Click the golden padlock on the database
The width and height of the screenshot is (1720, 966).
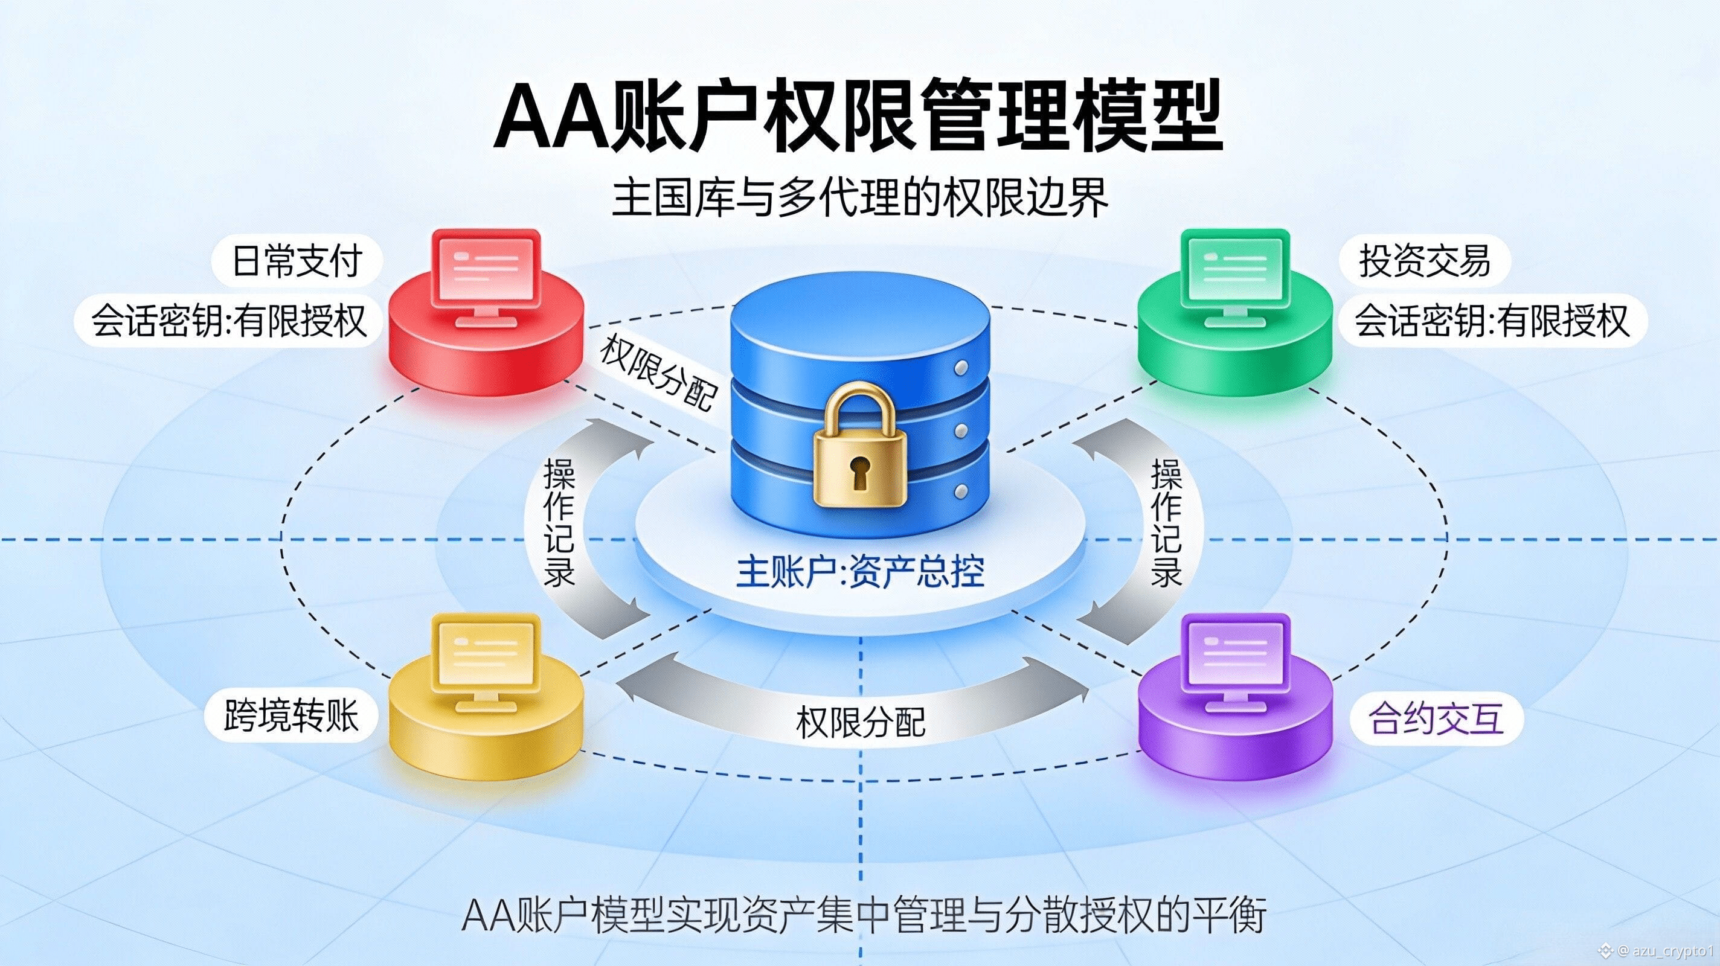click(859, 454)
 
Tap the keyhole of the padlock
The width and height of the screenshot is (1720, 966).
click(859, 471)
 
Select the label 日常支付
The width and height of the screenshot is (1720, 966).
click(297, 260)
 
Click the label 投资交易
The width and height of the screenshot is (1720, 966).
click(1424, 260)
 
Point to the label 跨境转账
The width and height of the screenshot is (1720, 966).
click(291, 716)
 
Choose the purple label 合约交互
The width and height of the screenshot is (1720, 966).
click(1436, 719)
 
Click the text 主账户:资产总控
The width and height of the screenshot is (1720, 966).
click(860, 572)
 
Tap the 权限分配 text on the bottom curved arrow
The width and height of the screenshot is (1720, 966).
click(860, 722)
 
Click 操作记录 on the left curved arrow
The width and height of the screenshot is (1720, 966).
click(559, 523)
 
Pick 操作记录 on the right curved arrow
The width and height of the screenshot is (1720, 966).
click(1166, 523)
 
